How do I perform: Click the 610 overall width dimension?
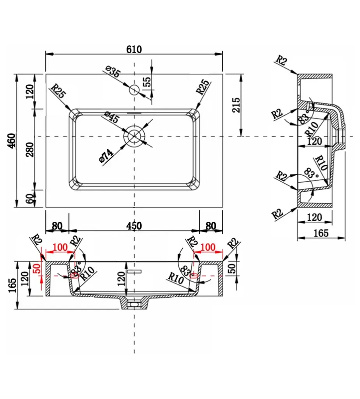pyautogui.click(x=134, y=49)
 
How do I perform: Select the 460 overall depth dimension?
pyautogui.click(x=11, y=140)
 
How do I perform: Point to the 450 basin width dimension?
pyautogui.click(x=134, y=226)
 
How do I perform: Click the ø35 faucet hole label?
pyautogui.click(x=113, y=72)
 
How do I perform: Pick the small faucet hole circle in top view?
pyautogui.click(x=134, y=90)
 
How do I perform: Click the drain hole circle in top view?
pyautogui.click(x=134, y=136)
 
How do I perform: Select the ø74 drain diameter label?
pyautogui.click(x=106, y=156)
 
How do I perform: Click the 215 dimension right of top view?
pyautogui.click(x=236, y=105)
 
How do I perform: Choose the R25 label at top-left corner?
pyautogui.click(x=58, y=92)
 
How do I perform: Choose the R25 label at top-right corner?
pyautogui.click(x=203, y=87)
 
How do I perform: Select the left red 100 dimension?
pyautogui.click(x=60, y=247)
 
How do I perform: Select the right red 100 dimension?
pyautogui.click(x=208, y=247)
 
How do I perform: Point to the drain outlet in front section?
pyautogui.click(x=134, y=302)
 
